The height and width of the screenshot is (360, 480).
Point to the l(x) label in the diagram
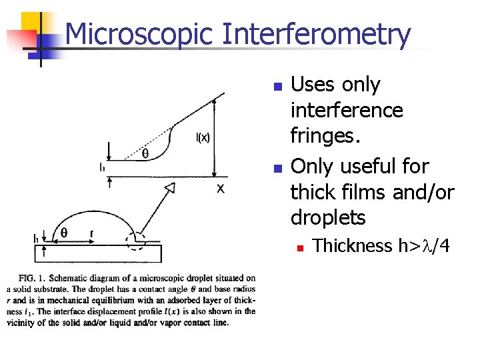[x=203, y=138]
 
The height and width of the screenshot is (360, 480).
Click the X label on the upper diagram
[x=220, y=189]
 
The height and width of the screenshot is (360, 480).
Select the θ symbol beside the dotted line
[x=145, y=153]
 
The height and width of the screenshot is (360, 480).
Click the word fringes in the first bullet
[x=325, y=137]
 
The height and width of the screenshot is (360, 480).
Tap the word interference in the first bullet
[x=347, y=110]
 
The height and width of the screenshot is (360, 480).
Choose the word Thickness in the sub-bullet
[x=353, y=246]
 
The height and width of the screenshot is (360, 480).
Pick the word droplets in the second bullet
[x=327, y=218]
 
